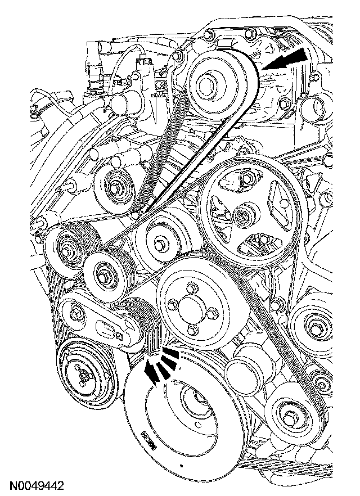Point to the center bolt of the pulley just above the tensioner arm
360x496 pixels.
point(105,276)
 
